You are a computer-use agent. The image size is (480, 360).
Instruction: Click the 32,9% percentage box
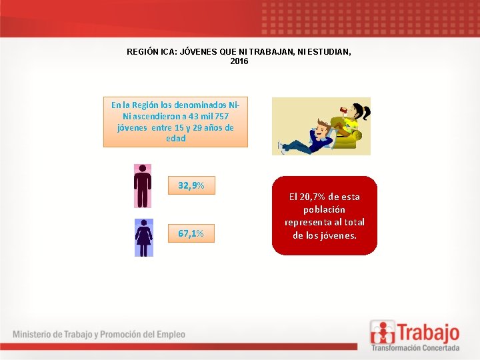(x=191, y=186)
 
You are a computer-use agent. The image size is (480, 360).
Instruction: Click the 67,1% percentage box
(x=191, y=234)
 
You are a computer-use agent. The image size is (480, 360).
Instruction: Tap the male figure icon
(x=143, y=186)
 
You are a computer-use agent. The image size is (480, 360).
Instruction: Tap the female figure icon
(x=143, y=237)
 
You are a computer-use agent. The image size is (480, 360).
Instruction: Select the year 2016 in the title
(x=239, y=61)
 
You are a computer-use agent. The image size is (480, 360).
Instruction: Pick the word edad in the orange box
(x=175, y=139)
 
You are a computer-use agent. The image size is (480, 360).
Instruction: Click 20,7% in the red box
(x=314, y=197)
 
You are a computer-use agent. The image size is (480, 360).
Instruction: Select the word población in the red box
(x=325, y=209)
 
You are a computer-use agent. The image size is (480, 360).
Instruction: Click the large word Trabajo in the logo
(x=427, y=331)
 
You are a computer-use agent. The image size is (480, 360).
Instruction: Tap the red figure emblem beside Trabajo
(x=383, y=332)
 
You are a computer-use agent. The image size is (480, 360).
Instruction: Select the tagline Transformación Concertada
(x=415, y=347)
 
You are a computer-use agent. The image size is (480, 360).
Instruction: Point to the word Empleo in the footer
(x=169, y=334)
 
